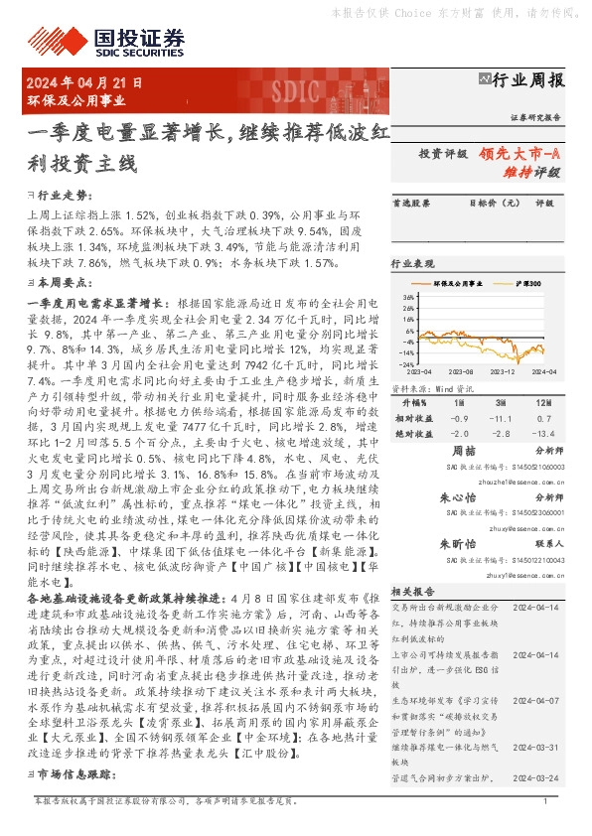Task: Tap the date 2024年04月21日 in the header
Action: [85, 83]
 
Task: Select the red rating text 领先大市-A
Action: [518, 153]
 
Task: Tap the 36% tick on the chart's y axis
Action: [408, 297]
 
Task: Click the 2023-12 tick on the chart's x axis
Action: [503, 370]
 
